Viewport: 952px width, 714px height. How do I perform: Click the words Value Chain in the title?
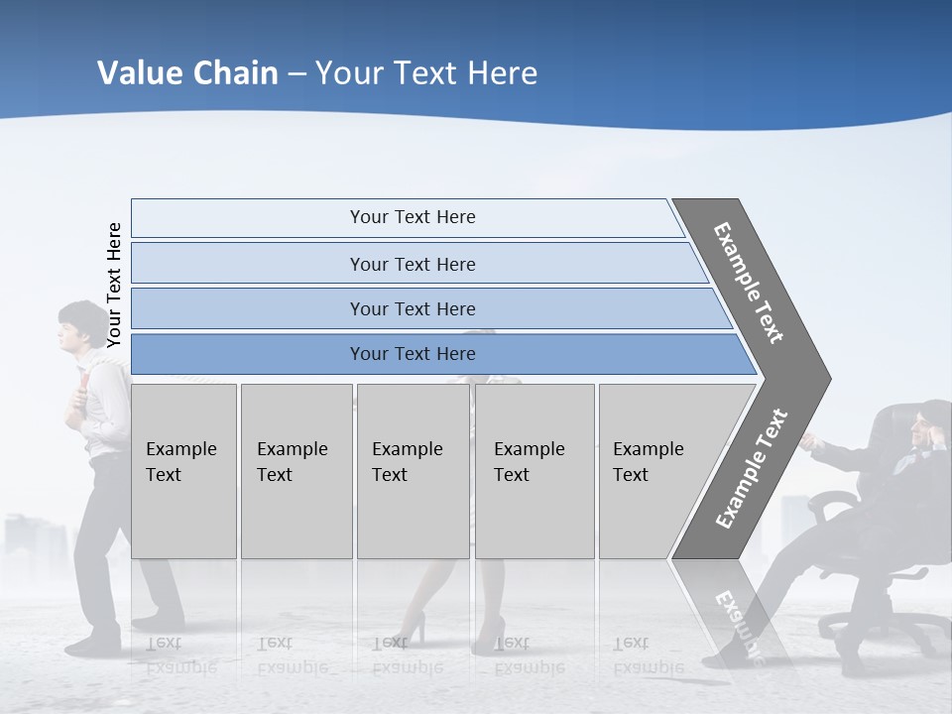(187, 73)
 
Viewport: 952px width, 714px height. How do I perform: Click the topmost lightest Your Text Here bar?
(412, 217)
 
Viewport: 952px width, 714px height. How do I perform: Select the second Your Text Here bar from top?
(412, 264)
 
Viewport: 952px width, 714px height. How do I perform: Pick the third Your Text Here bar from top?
(412, 308)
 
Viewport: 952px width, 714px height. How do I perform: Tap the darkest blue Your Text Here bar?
(412, 354)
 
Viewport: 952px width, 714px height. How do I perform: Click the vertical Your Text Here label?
(114, 285)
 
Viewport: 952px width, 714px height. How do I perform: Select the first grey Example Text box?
(183, 470)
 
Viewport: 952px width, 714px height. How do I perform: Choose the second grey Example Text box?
(295, 470)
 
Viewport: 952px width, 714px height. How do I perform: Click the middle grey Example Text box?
(412, 470)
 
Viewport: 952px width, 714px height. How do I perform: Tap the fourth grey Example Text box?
(534, 470)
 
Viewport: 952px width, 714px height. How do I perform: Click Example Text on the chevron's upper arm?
(750, 283)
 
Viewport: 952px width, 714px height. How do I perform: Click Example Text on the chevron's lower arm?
(751, 469)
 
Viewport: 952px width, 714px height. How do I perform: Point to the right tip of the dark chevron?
(828, 378)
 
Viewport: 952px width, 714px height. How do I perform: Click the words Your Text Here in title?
(426, 73)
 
